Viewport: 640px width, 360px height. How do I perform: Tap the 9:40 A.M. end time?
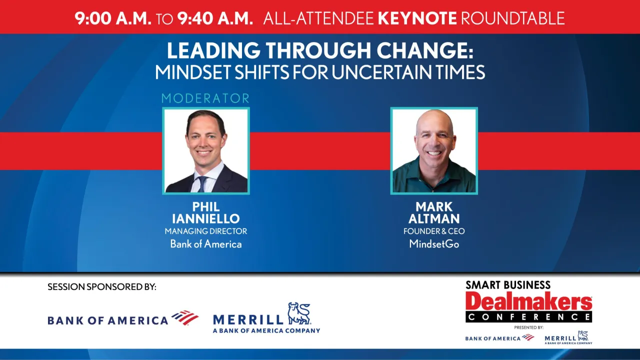pos(215,18)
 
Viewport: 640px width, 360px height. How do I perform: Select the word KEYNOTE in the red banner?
pos(417,18)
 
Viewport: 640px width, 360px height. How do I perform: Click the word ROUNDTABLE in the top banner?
pos(512,18)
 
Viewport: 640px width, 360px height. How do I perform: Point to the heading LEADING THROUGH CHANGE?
pos(319,51)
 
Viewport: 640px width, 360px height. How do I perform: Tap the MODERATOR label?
pos(205,98)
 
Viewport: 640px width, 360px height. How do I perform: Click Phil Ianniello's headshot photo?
pos(206,150)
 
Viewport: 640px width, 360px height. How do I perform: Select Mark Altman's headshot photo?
pos(434,150)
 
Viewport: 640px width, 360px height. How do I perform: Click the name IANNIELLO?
pos(206,219)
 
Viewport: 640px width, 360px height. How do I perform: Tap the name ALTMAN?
pos(434,219)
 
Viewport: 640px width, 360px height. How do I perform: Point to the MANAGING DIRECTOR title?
pos(206,231)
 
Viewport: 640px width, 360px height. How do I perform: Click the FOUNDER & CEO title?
pos(434,231)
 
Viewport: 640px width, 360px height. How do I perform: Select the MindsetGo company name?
pos(434,244)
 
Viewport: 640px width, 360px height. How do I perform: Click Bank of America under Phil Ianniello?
pos(206,244)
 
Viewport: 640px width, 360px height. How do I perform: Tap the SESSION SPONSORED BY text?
pos(102,287)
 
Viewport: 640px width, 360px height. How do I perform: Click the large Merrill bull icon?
pos(299,313)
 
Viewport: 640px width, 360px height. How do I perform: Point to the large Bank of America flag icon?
pos(185,317)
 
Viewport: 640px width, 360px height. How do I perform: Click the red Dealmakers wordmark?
pos(528,301)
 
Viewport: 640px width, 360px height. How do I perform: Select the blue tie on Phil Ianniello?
pos(202,184)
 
